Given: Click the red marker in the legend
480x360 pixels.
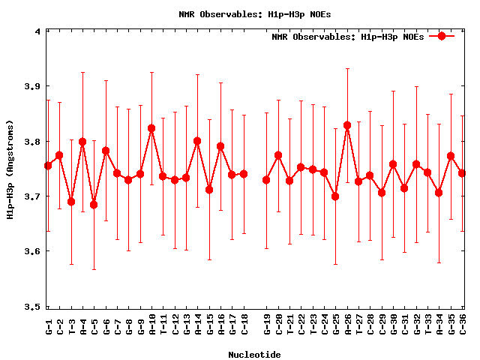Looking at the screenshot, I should pos(442,36).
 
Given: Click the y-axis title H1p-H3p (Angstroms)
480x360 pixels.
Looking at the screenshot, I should pos(10,169).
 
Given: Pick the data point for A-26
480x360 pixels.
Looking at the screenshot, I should pos(347,125).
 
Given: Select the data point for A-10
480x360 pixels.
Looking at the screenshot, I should pos(151,128).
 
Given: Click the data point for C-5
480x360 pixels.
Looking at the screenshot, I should pos(94,205).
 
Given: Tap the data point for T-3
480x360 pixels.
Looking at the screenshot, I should pos(71,202).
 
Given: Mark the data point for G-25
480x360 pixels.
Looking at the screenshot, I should pos(335,196).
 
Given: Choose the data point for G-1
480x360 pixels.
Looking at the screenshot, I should pos(48,166).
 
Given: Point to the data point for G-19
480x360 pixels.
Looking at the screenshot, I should pos(266,180).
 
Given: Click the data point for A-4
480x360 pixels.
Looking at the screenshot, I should pos(82,142).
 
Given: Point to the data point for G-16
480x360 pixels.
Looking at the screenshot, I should pos(220,146).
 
